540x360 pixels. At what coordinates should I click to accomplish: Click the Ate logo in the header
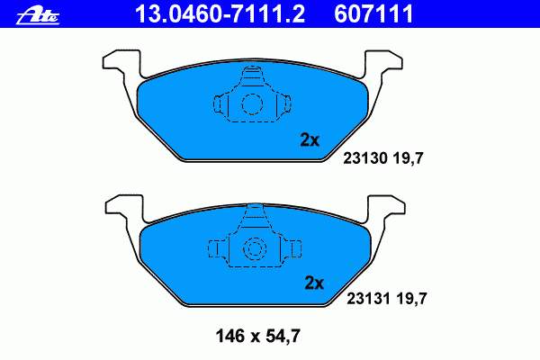coord(38,15)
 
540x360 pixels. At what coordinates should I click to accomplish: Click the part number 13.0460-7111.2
coord(220,13)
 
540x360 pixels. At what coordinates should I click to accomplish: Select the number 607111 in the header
coord(373,13)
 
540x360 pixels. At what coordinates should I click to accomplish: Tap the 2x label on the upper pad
coord(310,140)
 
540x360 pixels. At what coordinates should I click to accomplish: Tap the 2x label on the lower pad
coord(314,283)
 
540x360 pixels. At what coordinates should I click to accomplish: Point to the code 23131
coord(369,298)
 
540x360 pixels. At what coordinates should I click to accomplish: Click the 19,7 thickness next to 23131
coord(411,299)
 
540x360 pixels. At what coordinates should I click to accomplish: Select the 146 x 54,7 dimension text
coord(258,336)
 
